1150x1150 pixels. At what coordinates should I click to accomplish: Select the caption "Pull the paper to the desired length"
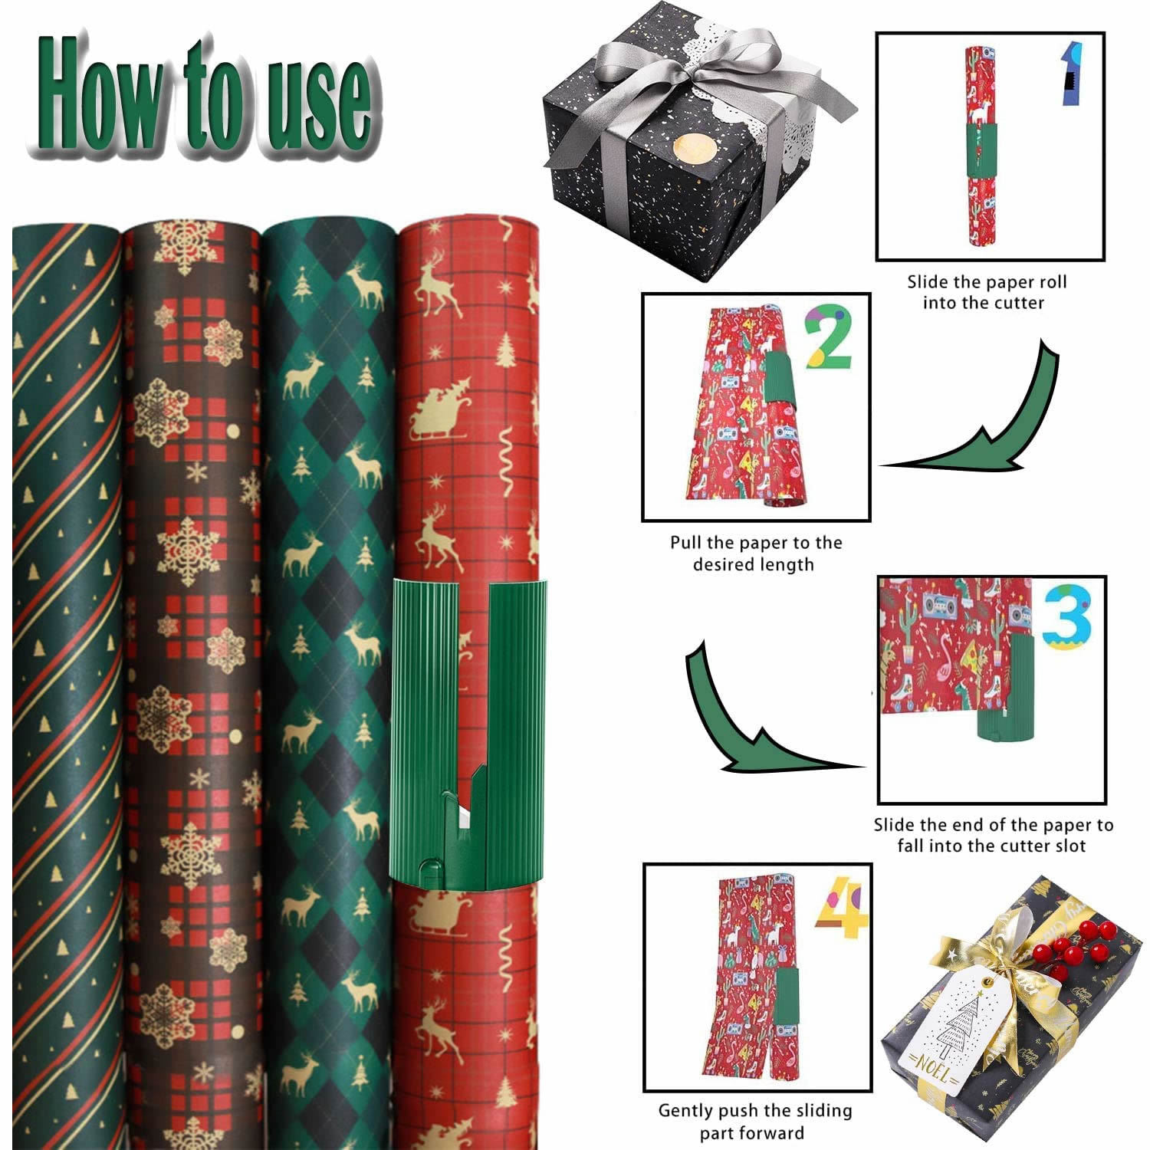pos(755,554)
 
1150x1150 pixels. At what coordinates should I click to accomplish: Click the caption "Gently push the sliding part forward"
pos(754,1121)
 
